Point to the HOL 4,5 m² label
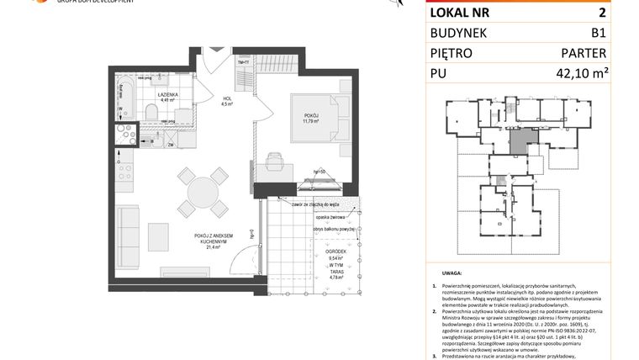[x=227, y=101]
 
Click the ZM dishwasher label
[x=170, y=145]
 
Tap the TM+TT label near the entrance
[x=243, y=63]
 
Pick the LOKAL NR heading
[x=461, y=13]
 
